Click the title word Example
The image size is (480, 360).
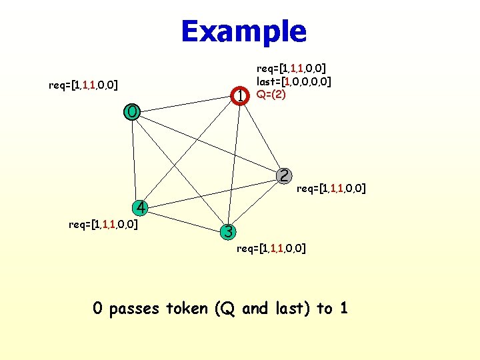243,31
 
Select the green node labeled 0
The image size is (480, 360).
132,111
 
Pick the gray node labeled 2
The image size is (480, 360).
284,176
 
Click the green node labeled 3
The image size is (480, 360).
228,232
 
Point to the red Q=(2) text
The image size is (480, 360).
271,94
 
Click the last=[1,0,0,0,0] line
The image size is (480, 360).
295,81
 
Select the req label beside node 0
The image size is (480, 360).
84,85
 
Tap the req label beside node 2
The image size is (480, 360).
331,189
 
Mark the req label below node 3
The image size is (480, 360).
271,249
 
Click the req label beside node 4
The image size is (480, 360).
103,224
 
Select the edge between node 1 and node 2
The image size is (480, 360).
262,136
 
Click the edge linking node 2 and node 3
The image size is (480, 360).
256,204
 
